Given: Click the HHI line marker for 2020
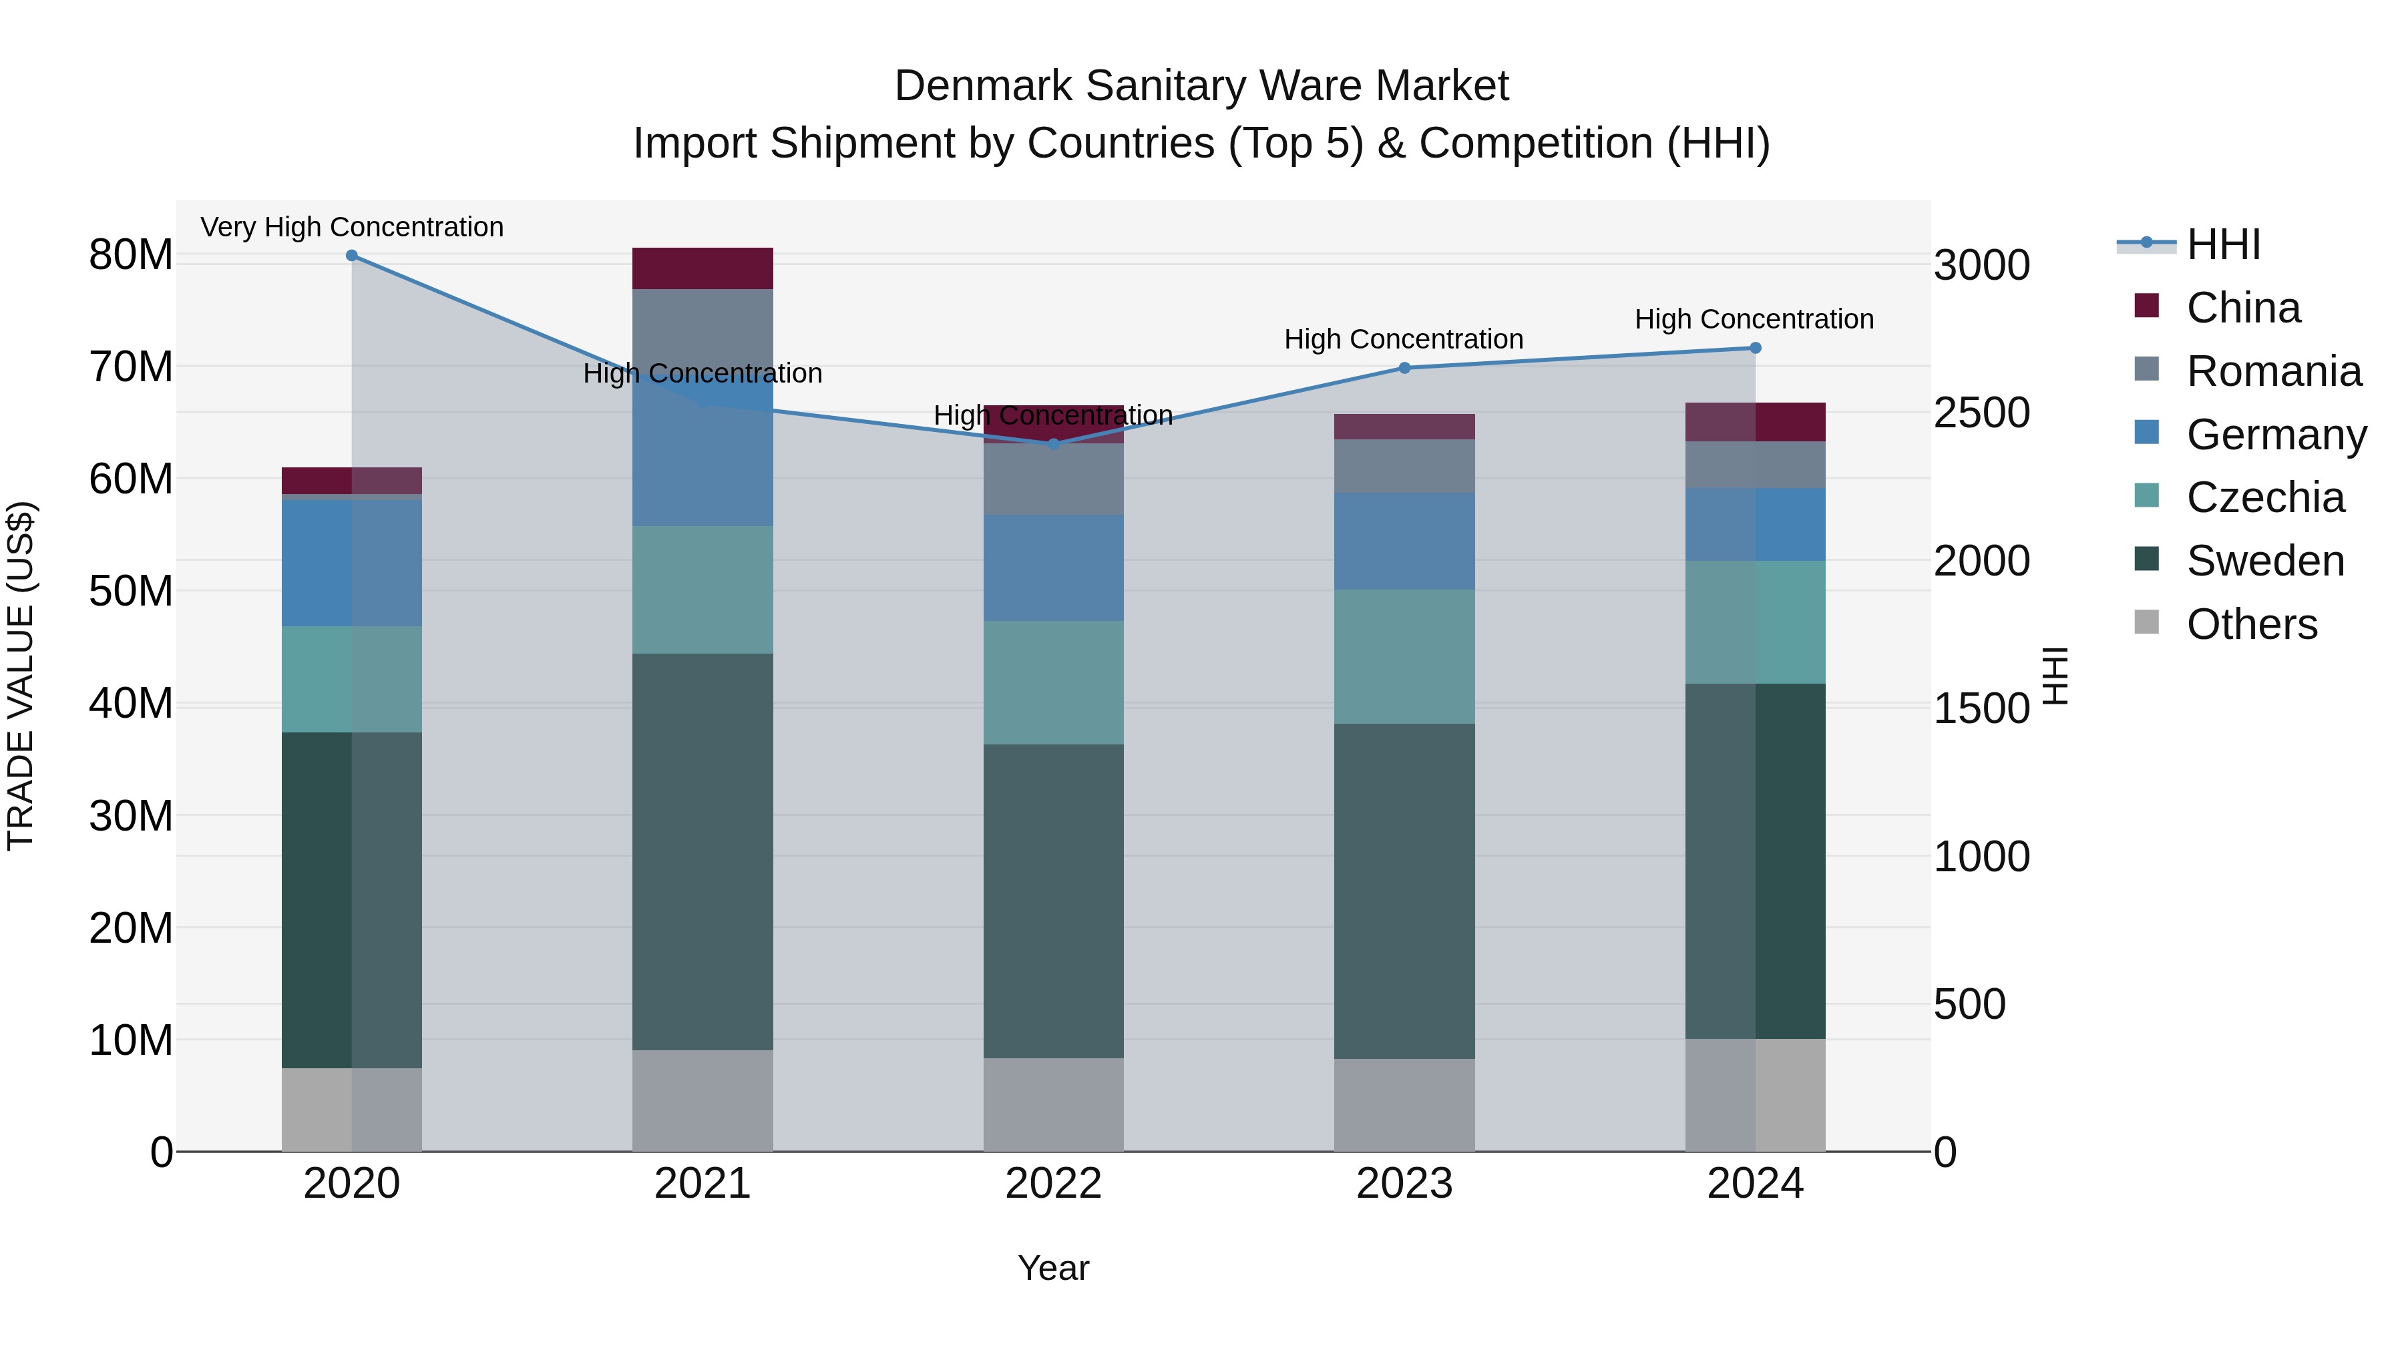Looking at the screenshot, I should (x=352, y=256).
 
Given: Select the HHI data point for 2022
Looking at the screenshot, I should (x=1054, y=444).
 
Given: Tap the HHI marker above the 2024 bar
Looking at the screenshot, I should (x=1756, y=348).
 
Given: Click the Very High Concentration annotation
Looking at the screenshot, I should (x=352, y=228).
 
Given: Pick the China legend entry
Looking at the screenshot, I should (x=2244, y=308).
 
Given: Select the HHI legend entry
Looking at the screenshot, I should (x=2223, y=244).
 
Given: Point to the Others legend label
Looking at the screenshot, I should (x=2252, y=624).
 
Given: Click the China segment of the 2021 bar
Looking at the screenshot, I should (x=703, y=268).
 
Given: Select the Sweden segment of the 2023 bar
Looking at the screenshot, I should (x=1404, y=891).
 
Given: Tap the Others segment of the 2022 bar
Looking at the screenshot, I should (x=1054, y=1105).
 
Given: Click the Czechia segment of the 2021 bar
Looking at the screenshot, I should (x=703, y=590).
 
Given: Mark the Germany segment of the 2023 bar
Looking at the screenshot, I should (x=1404, y=541).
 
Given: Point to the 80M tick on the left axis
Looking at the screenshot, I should (x=131, y=255).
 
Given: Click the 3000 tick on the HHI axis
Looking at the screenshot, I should (x=1981, y=266).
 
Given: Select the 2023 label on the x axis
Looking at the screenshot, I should (x=1404, y=1184).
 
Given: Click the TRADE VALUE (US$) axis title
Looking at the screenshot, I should (x=21, y=676).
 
